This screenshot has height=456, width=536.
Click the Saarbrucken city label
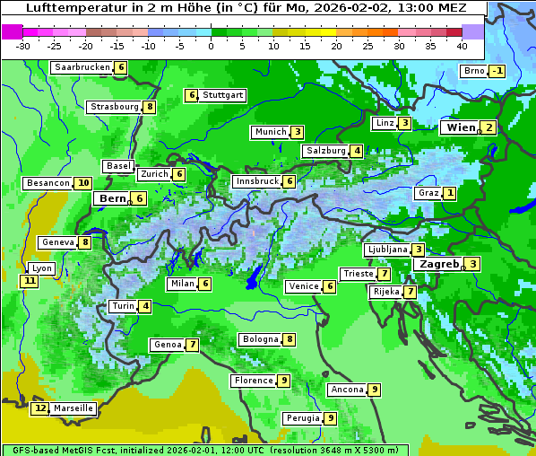click(82, 67)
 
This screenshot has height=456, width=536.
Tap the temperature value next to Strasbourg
click(150, 107)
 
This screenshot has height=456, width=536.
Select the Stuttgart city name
click(222, 95)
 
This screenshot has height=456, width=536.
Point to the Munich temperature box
click(297, 132)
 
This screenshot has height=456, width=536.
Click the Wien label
click(459, 127)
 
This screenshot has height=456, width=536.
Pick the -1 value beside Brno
click(497, 72)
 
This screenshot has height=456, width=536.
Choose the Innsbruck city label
click(257, 181)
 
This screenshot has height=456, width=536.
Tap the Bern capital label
click(113, 198)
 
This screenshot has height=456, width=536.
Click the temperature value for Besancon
click(82, 183)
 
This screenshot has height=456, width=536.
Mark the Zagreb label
click(438, 264)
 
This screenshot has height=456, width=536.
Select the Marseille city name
click(73, 408)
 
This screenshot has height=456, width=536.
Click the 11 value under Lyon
click(30, 281)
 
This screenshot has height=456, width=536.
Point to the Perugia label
click(303, 418)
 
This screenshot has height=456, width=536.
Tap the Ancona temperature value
click(374, 390)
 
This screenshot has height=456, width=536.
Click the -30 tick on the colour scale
click(23, 46)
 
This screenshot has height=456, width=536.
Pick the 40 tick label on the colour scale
click(462, 46)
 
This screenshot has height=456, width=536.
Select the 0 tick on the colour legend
click(211, 46)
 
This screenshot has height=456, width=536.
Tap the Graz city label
click(428, 193)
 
